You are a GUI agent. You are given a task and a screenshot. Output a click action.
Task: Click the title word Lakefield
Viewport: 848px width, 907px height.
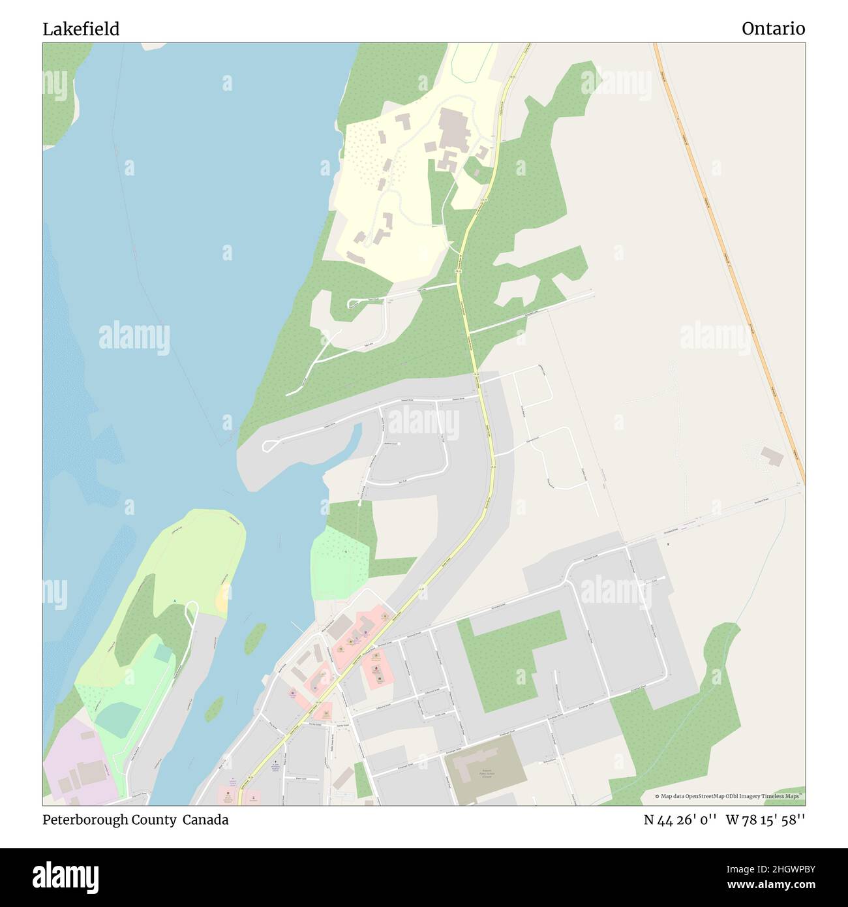point(81,29)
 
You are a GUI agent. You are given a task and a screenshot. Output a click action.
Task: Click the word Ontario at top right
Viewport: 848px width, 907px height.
point(773,29)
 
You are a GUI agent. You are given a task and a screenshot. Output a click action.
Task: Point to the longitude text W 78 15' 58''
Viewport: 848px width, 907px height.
point(765,820)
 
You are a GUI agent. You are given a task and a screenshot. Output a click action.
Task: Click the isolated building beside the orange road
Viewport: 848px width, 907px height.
point(772,456)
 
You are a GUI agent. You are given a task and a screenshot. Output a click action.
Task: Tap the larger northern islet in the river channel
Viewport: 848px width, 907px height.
point(255,637)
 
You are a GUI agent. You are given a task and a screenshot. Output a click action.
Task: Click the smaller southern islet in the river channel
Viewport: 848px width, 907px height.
point(214,708)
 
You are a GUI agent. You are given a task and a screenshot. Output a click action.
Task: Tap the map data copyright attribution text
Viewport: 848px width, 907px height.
point(729,796)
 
